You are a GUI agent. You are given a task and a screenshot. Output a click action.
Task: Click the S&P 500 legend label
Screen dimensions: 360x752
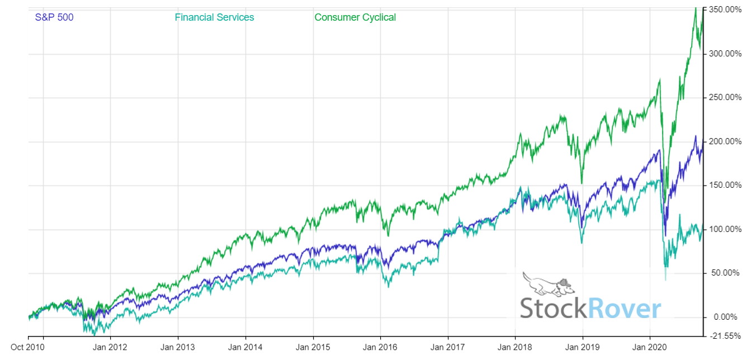coord(54,17)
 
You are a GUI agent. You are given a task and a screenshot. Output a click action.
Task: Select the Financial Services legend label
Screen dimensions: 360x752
coord(214,17)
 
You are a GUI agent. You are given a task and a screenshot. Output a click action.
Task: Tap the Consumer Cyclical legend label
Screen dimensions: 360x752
coord(355,17)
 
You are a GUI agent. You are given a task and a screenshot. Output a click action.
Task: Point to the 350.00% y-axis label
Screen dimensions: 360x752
coord(725,10)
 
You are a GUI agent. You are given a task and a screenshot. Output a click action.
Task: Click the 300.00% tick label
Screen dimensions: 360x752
coord(725,54)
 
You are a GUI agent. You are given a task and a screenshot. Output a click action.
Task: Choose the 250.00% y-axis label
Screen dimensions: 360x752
coord(725,98)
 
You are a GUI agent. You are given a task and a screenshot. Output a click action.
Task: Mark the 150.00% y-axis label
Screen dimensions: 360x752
coord(725,186)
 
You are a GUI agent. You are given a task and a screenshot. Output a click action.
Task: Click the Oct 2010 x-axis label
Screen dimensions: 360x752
coord(28,347)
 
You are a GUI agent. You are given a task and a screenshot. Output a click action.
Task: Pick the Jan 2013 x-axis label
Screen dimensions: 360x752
coord(178,347)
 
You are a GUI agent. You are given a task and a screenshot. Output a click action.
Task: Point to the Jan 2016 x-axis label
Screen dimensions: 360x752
coord(380,347)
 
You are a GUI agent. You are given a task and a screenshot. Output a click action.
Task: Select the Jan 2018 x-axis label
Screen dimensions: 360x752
coord(515,347)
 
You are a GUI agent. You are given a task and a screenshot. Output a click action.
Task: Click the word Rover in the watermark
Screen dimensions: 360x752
coord(624,309)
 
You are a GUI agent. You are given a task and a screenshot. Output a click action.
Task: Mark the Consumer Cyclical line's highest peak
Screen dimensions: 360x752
coord(696,8)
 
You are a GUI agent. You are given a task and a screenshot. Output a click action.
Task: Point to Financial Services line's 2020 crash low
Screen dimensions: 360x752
coord(665,279)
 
